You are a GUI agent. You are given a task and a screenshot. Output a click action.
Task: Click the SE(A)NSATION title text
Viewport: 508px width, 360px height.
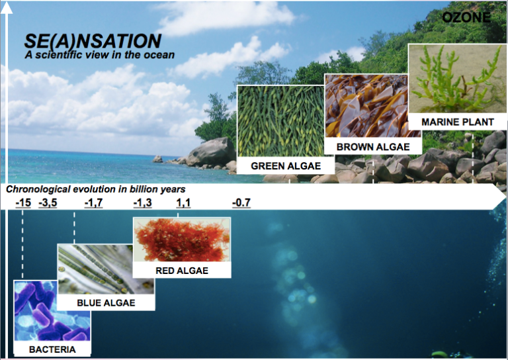coord(93,41)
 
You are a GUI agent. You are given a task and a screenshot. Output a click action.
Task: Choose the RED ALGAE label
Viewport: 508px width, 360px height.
coord(182,270)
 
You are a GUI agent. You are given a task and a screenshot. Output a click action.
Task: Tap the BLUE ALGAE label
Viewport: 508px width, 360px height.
coord(106,302)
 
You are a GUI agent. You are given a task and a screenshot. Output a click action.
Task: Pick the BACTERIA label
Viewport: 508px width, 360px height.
coord(52,349)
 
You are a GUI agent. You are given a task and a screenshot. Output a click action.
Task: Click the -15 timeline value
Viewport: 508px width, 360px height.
coord(23,202)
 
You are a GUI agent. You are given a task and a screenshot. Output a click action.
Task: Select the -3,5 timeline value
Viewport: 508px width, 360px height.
coord(48,202)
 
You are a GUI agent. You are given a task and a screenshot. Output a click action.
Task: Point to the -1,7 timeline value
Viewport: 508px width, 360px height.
coord(93,202)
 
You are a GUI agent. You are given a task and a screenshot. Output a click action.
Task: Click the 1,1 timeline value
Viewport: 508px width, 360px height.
coord(183,202)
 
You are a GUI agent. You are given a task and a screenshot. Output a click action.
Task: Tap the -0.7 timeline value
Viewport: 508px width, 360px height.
coord(241,202)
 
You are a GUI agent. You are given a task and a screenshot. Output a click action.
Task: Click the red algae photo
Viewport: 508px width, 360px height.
coord(182,240)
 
